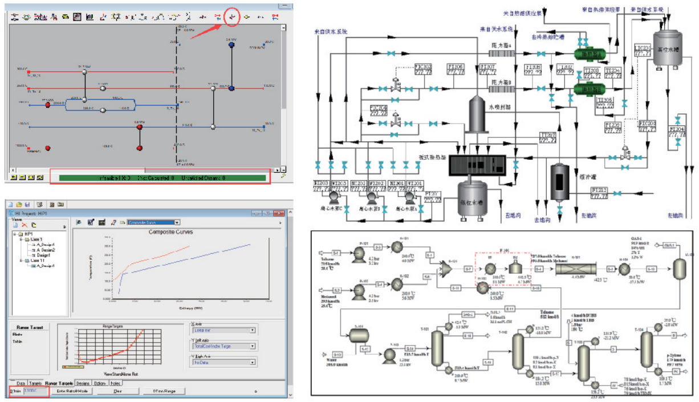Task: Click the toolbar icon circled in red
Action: pyautogui.click(x=232, y=17)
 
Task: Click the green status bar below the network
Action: pyautogui.click(x=160, y=177)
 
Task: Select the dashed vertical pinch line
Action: pyautogui.click(x=177, y=97)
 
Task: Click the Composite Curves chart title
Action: pyautogui.click(x=170, y=232)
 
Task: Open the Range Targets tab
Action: pyautogui.click(x=59, y=383)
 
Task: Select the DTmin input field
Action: pyautogui.click(x=34, y=392)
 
